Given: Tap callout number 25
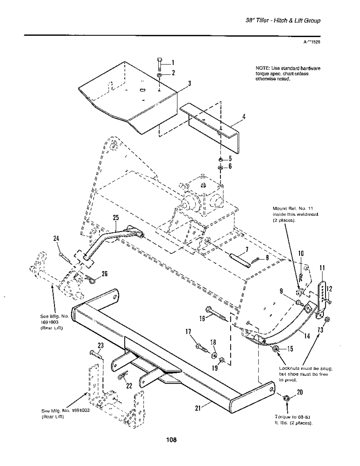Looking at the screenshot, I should click(116, 217).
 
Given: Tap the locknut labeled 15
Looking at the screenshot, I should click(276, 349).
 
